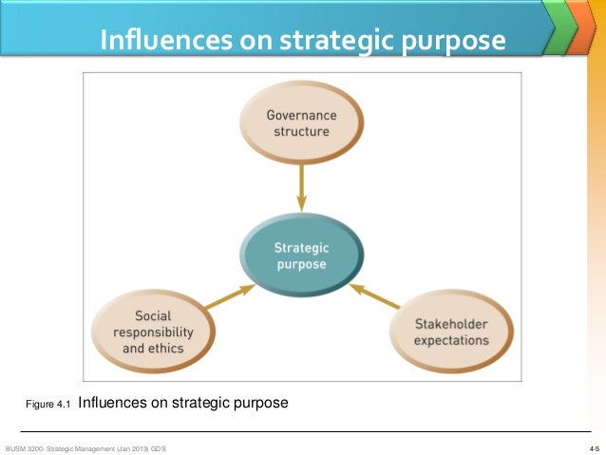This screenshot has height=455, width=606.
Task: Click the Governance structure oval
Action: [301, 123]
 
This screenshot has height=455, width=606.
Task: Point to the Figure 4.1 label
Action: [48, 405]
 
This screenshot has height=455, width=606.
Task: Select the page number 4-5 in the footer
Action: [594, 446]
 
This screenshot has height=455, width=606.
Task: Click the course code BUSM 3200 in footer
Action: [25, 446]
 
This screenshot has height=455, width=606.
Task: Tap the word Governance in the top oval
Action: [301, 115]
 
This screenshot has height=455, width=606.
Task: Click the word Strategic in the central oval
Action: [300, 247]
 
